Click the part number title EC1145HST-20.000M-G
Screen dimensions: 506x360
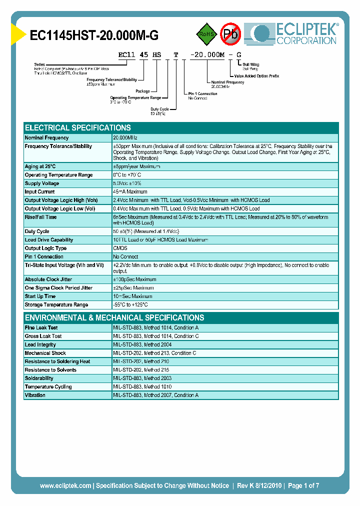click(94, 35)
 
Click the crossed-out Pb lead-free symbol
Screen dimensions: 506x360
click(230, 34)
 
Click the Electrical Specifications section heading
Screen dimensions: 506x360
click(78, 127)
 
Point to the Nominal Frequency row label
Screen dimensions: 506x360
click(47, 137)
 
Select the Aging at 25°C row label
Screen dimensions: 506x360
click(40, 166)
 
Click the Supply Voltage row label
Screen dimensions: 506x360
click(42, 183)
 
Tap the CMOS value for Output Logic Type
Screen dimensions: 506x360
click(120, 248)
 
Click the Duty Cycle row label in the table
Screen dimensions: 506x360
click(37, 231)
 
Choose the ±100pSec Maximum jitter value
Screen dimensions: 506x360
click(134, 279)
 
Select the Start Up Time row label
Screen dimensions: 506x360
click(40, 296)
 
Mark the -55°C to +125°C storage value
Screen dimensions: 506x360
click(130, 305)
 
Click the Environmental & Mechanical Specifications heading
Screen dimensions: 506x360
click(114, 317)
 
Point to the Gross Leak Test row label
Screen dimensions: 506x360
click(43, 336)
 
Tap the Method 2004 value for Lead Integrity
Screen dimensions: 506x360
click(142, 345)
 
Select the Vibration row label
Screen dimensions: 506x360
click(35, 395)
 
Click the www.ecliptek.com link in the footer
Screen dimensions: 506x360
click(65, 485)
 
